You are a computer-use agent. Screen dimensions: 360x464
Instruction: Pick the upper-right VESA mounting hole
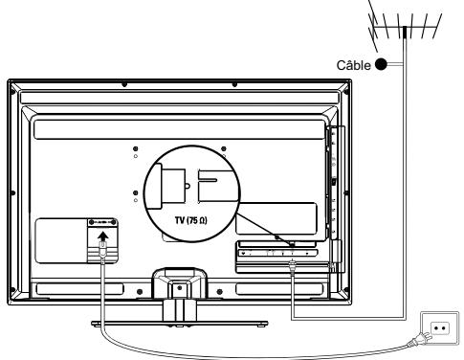[x=223, y=149]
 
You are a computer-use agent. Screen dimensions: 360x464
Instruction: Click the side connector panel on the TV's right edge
[x=332, y=182]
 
